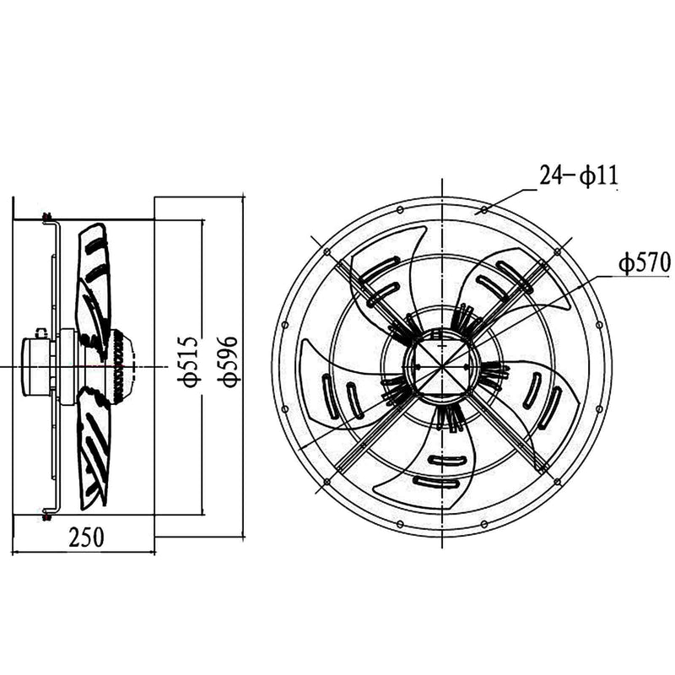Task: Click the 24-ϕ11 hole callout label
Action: [578, 175]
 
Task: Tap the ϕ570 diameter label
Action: [644, 263]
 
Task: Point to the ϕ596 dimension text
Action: [228, 361]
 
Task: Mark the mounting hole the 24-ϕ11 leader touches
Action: [484, 208]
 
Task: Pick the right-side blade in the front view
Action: [540, 397]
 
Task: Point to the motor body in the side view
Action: [38, 366]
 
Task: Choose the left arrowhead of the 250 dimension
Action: [16, 553]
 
